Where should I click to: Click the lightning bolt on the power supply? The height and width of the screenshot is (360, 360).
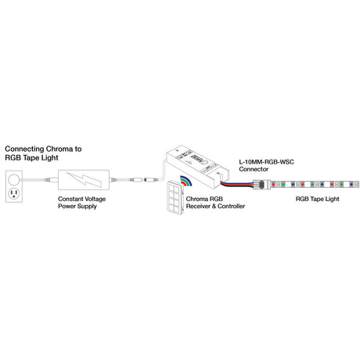84,179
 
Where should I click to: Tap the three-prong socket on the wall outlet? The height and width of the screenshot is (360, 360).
14,193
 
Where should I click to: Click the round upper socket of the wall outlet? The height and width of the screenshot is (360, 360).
13,179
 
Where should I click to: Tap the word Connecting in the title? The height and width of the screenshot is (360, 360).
24,149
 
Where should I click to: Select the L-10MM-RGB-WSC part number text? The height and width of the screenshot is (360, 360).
266,162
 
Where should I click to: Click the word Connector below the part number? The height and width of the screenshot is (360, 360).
254,169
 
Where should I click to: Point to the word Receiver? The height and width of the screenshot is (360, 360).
198,207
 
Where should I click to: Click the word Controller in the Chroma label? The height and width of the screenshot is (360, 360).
232,207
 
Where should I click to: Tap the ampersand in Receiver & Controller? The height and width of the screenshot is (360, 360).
214,207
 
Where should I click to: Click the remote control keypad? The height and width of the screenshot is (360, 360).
175,197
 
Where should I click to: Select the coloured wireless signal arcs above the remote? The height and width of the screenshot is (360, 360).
186,181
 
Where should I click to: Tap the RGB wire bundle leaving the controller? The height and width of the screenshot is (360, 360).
236,184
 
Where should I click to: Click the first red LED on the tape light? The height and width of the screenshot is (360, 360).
273,185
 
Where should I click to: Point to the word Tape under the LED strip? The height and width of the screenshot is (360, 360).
318,199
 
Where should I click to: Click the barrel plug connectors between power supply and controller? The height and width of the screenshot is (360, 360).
146,180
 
